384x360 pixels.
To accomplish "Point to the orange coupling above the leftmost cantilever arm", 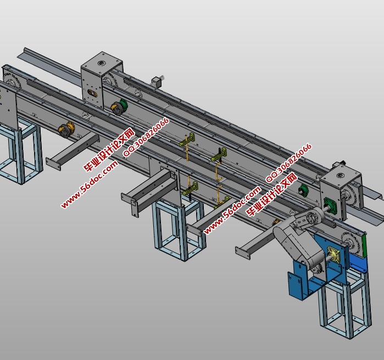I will (66, 131).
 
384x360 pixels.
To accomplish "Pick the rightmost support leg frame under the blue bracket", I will (344, 305).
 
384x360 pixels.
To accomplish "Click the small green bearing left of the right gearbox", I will (302, 190).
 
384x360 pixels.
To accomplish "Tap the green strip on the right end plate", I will (363, 245).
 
